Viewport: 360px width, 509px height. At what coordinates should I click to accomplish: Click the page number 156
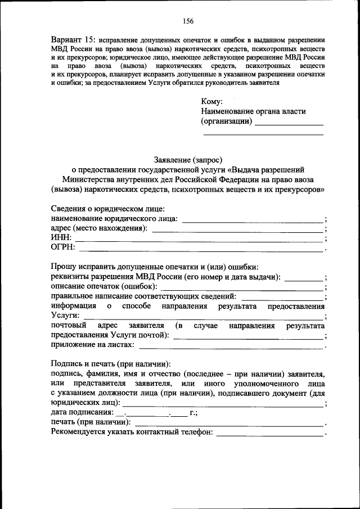188,21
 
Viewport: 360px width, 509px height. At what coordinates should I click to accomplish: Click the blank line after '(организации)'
289,123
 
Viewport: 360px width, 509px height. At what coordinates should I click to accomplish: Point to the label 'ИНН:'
61,238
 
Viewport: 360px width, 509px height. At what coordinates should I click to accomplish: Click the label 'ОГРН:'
63,248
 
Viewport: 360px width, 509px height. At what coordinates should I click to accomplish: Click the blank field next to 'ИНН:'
199,240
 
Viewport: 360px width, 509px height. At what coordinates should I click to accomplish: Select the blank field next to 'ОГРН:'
201,250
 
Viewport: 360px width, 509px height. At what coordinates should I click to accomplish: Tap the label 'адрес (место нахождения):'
100,228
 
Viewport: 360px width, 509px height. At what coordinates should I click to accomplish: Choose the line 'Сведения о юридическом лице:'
107,209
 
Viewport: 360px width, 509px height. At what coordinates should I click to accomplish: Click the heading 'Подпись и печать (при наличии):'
111,364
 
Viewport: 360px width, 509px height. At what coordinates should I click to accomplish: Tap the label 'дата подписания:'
81,412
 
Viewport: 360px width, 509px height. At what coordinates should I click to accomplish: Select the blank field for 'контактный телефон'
269,435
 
